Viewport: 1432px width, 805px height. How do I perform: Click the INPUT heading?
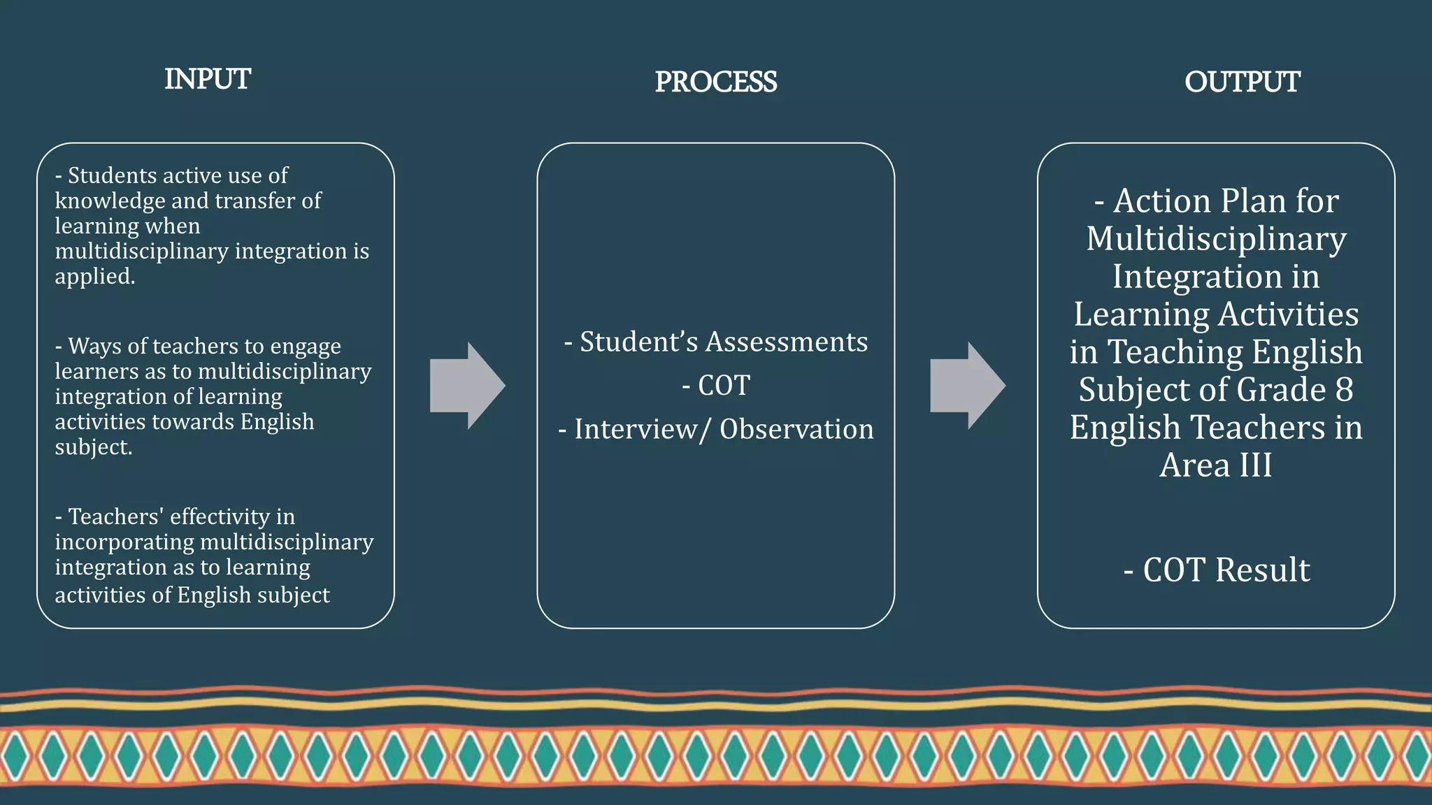pyautogui.click(x=208, y=80)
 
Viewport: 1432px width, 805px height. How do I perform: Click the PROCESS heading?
pyautogui.click(x=715, y=82)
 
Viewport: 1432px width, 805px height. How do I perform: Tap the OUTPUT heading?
pyautogui.click(x=1242, y=82)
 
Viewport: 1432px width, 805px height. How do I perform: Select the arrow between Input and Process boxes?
pyautogui.click(x=467, y=386)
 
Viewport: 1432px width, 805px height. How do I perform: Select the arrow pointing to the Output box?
pyautogui.click(x=968, y=386)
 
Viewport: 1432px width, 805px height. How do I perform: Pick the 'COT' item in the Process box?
pyautogui.click(x=724, y=386)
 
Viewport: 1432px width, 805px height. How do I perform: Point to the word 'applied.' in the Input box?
pyautogui.click(x=95, y=277)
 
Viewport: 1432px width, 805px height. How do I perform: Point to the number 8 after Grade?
pyautogui.click(x=1344, y=390)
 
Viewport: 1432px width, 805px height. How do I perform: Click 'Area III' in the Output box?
pyautogui.click(x=1216, y=465)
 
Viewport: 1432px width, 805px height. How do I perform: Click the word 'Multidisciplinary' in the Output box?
pyautogui.click(x=1216, y=239)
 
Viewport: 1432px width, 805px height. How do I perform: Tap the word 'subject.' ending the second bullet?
pyautogui.click(x=94, y=447)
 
